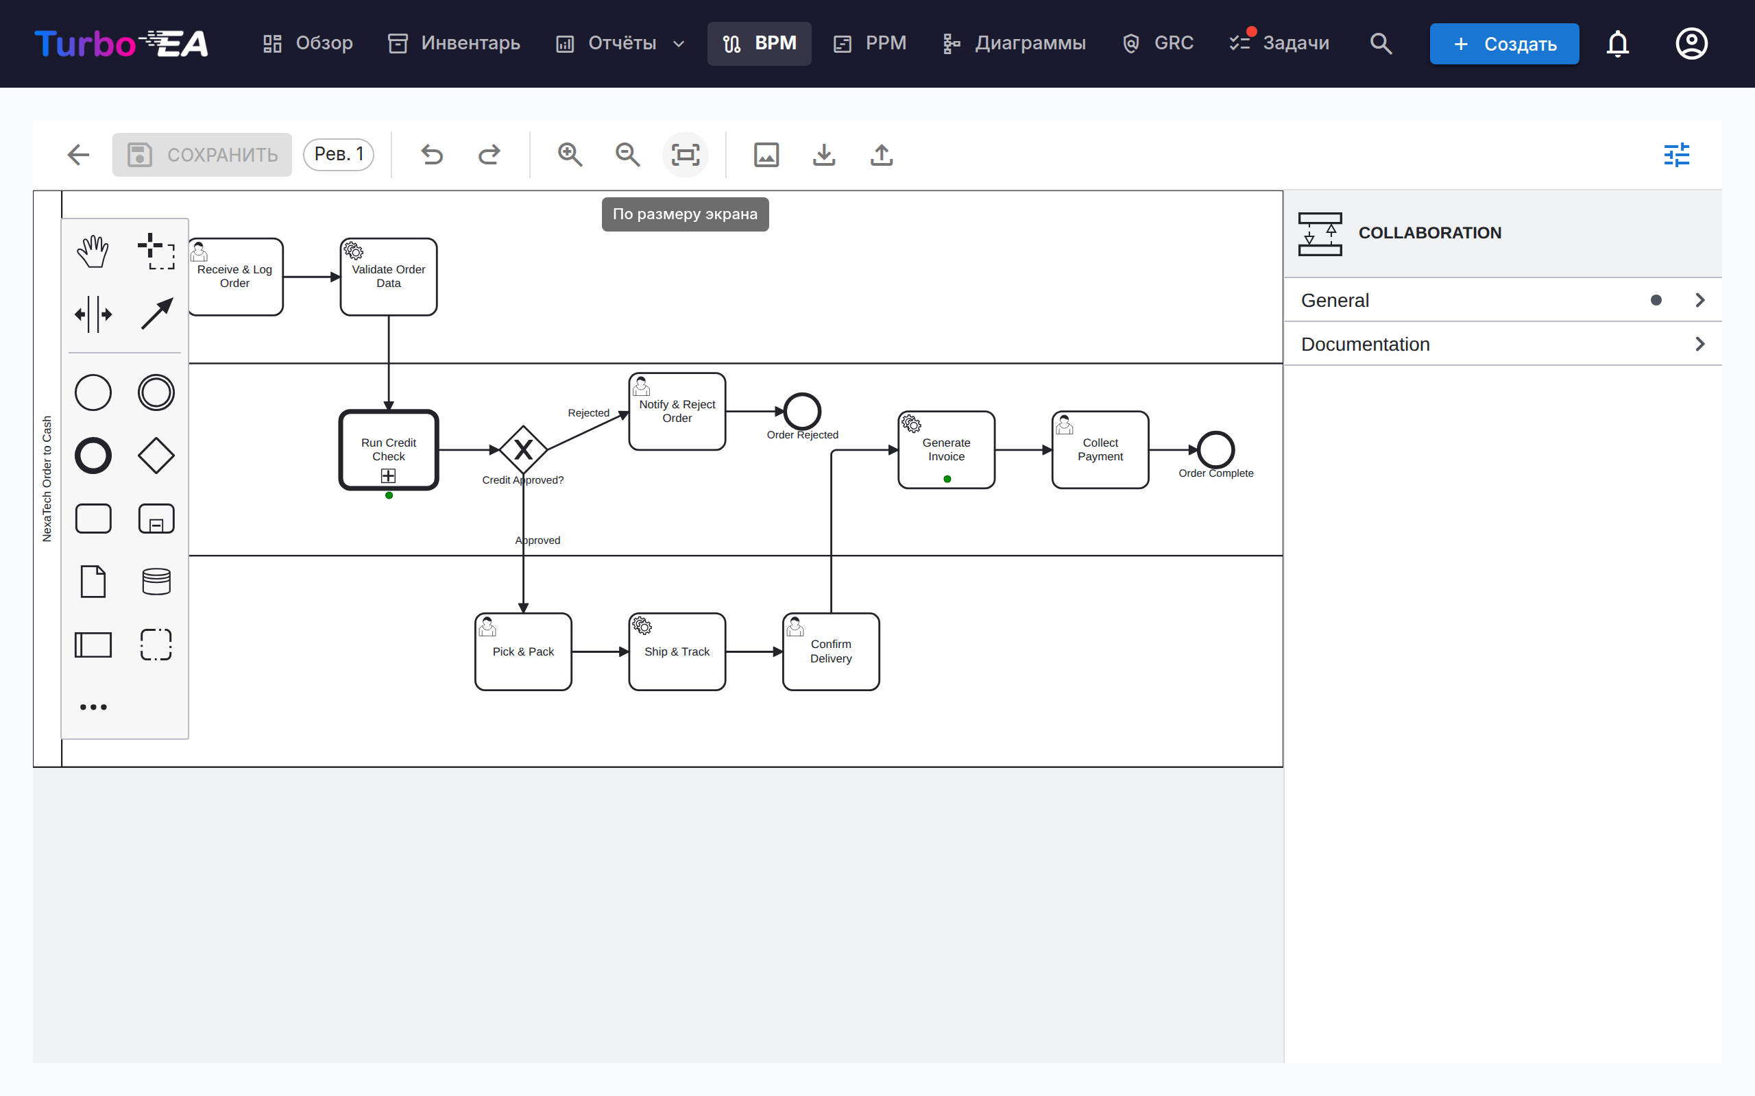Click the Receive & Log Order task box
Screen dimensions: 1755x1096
pos(236,277)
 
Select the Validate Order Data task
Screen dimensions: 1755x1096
pos(389,277)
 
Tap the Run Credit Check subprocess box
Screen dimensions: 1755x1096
pos(389,450)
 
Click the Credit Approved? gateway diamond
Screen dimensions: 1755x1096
pos(523,450)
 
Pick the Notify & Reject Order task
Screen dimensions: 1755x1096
pos(677,412)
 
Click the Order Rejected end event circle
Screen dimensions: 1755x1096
pos(802,412)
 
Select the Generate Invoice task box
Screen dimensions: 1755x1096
pos(946,450)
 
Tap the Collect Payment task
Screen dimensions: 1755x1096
pos(1100,450)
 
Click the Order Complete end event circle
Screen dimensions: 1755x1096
pos(1216,450)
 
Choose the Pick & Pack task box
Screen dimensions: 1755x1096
pos(523,651)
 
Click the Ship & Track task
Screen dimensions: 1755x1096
pos(677,651)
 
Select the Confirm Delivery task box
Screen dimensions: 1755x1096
pos(831,651)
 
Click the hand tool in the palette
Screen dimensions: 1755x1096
pos(93,251)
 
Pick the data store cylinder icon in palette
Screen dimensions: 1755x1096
pos(156,582)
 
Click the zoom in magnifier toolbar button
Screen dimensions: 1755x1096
pos(570,154)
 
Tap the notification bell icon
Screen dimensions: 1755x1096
pos(1617,43)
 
